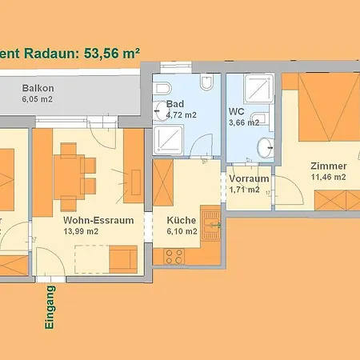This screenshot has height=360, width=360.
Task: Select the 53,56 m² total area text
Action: tap(112, 52)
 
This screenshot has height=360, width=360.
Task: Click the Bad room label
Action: tap(175, 104)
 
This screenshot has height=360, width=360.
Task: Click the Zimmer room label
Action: tap(329, 166)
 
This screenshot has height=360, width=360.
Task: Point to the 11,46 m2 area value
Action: tap(328, 177)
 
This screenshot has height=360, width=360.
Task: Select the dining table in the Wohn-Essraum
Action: tap(78, 170)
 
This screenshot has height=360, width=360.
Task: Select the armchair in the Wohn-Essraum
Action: tap(124, 258)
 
